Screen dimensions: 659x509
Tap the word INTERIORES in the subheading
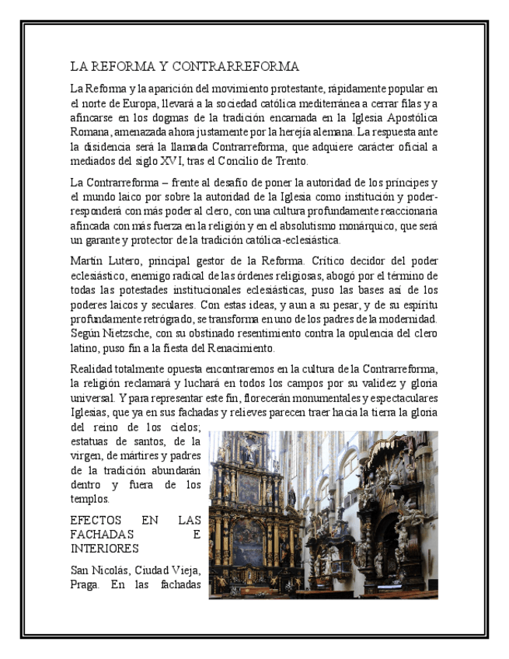(x=104, y=549)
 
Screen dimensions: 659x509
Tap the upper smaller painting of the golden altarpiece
(x=249, y=490)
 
